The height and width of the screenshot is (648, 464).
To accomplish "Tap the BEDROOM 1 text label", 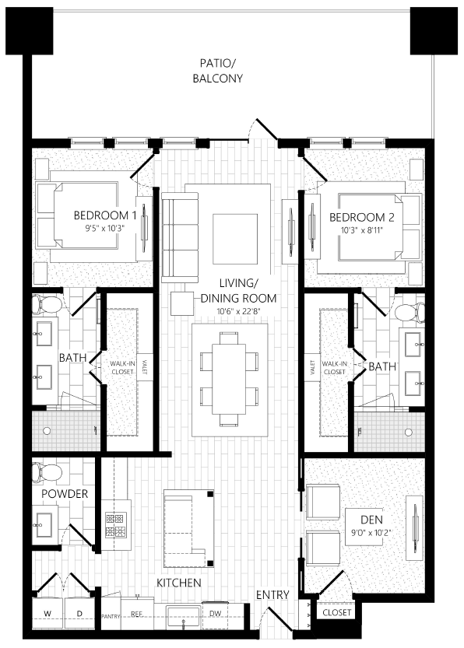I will point(105,215).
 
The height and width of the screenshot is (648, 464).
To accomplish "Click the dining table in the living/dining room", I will point(229,378).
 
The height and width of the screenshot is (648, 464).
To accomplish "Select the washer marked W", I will point(47,614).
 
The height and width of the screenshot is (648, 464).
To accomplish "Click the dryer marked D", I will point(79,614).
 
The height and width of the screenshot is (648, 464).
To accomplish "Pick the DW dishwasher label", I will point(216,613).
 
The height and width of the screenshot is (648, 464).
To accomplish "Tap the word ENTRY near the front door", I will point(272,595).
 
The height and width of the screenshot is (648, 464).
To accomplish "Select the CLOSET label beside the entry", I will point(337,612).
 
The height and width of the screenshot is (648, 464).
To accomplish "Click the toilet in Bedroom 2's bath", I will point(407,312).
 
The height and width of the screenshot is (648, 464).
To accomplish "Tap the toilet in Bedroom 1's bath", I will point(51,303).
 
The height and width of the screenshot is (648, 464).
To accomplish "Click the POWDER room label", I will point(65,494).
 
